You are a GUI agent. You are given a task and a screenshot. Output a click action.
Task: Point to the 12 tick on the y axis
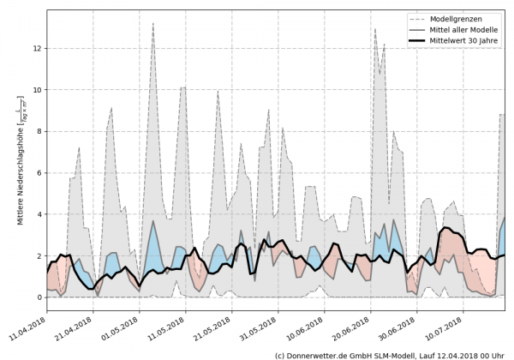[x=37, y=48]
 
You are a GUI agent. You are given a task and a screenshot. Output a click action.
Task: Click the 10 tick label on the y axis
[x=37, y=89]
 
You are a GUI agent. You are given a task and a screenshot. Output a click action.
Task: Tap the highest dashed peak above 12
[x=152, y=23]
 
